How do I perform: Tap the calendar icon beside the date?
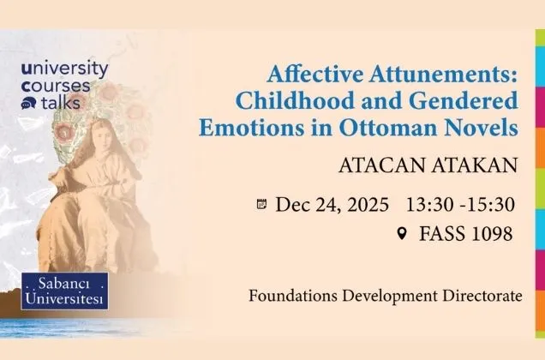point(262,204)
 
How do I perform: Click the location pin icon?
point(402,233)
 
